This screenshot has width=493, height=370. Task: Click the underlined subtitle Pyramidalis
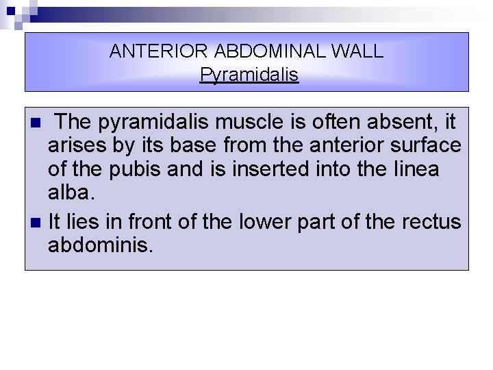coord(249,75)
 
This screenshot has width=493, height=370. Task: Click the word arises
coord(73,146)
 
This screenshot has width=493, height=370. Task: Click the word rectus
coord(433,223)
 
